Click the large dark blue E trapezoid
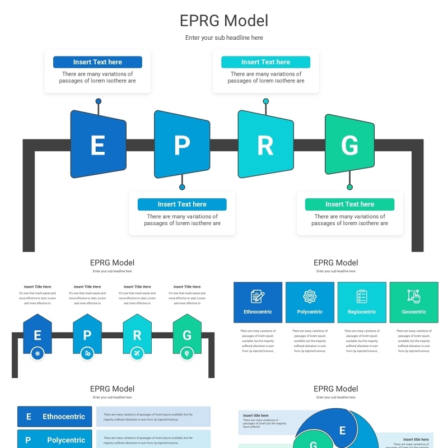coord(98,144)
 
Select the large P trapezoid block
coord(182,144)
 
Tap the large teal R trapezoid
coord(265,144)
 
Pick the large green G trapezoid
coord(349,144)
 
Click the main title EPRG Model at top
coord(224,21)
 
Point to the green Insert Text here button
coord(349,204)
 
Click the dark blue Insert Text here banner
coord(97,62)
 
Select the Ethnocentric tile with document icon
coord(258,302)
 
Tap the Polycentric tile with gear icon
coord(310,302)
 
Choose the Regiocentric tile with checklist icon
coord(362,302)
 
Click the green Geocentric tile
coord(414,302)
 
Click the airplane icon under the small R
coord(137,353)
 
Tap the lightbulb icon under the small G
coord(187,353)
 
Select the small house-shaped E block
coord(38,335)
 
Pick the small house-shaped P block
coord(87,335)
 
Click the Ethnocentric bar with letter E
coord(55,417)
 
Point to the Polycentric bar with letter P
coord(55,440)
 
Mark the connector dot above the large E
coord(99,101)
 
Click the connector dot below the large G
coord(349,187)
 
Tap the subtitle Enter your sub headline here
coord(224,38)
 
